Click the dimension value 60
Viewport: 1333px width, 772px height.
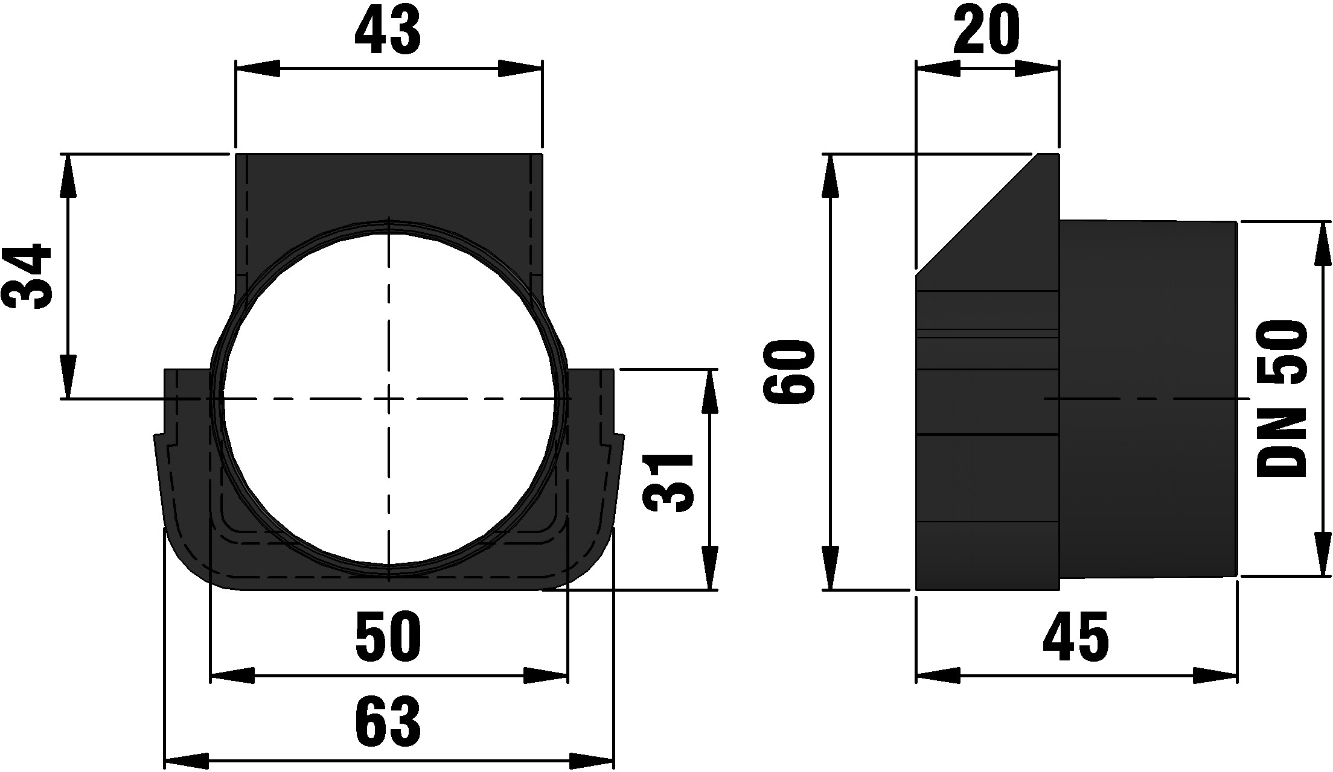[x=788, y=371]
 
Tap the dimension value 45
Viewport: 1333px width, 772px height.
[x=1076, y=636]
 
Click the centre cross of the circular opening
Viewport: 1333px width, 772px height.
[x=389, y=399]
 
